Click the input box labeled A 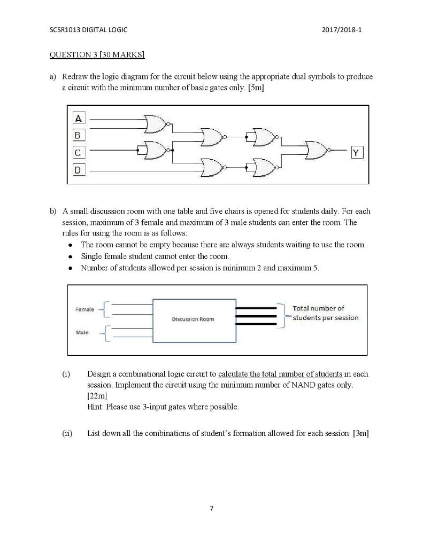(x=79, y=118)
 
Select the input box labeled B (x=79, y=135)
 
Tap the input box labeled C (x=79, y=153)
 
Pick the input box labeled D (x=79, y=170)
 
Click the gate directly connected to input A (x=156, y=124)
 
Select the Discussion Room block (x=195, y=319)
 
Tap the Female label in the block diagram (x=84, y=309)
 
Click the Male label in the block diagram (x=82, y=332)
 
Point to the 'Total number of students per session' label (x=325, y=313)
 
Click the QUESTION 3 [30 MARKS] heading (x=97, y=54)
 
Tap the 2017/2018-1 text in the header (x=342, y=30)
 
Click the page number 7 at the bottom (x=211, y=508)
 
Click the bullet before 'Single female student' (x=71, y=256)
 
